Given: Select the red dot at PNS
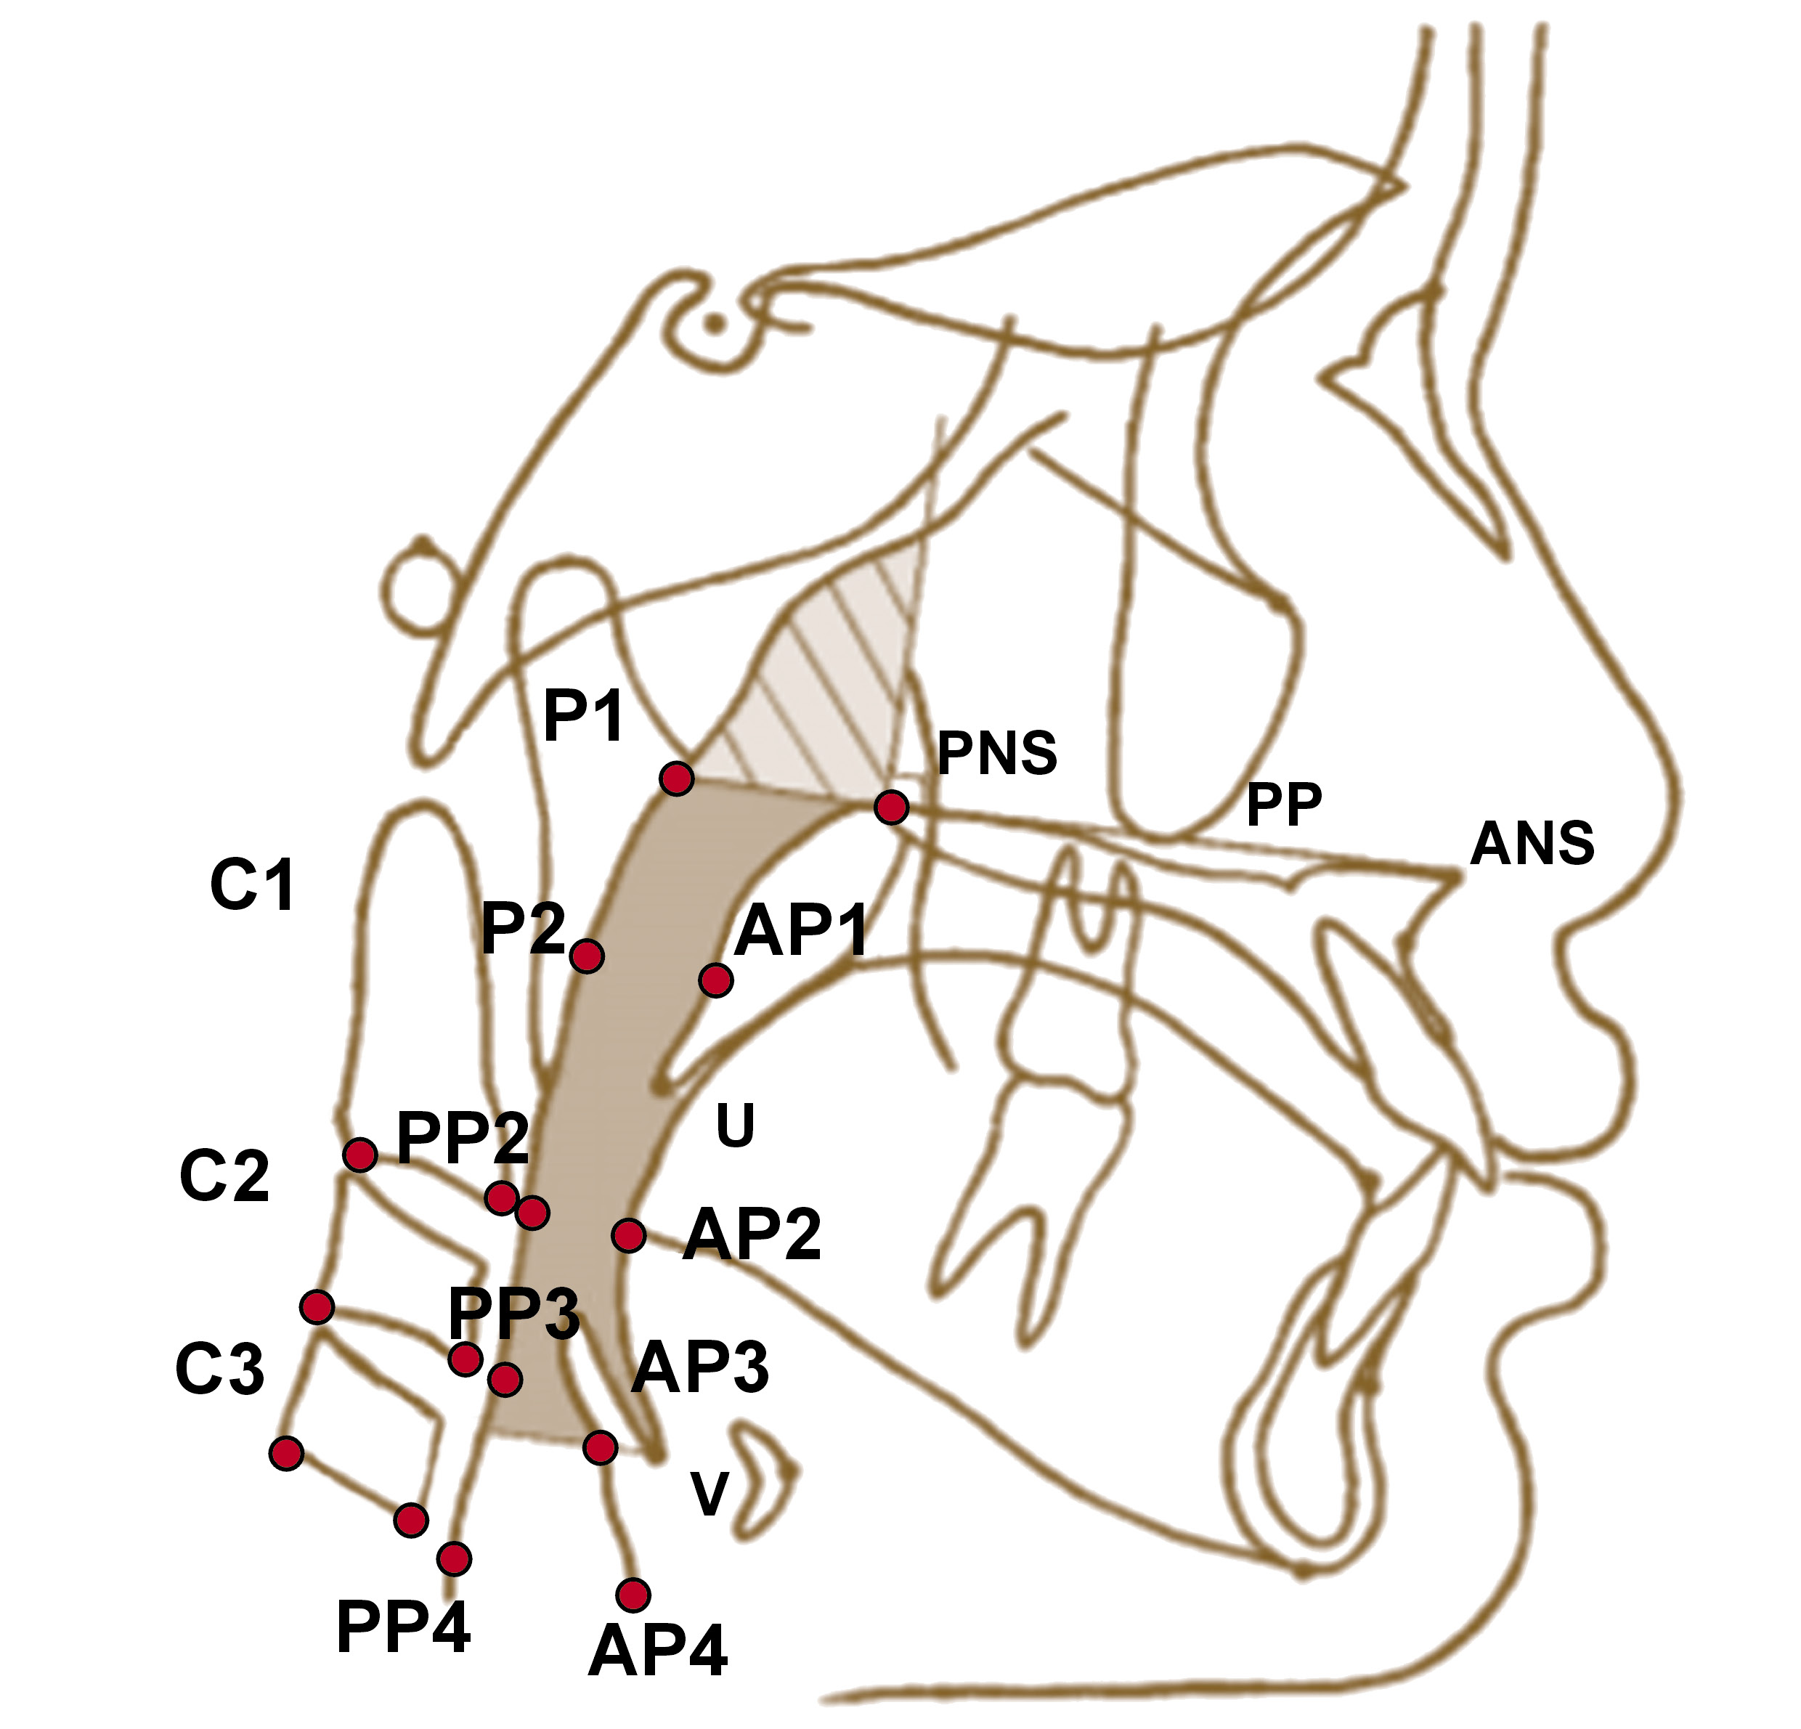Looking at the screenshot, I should coord(891,807).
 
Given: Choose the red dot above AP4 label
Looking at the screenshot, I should coord(633,1595).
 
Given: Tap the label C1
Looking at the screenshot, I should coord(253,887).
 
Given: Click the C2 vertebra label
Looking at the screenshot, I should coord(224,1176).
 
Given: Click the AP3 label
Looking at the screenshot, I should coord(699,1368).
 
